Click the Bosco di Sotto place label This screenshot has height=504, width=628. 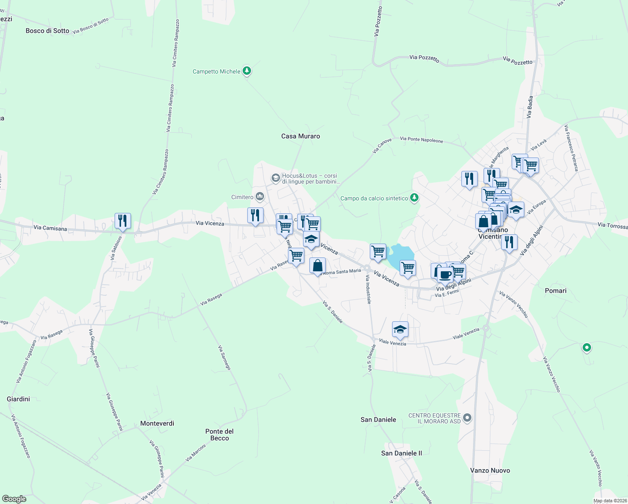tap(47, 31)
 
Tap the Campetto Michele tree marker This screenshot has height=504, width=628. tap(247, 71)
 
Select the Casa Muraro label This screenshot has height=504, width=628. tap(301, 136)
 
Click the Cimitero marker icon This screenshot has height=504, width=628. tap(259, 197)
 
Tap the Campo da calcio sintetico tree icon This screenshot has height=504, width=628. tap(414, 198)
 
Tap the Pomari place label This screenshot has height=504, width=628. tap(555, 291)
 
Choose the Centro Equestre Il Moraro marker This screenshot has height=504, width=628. tap(468, 418)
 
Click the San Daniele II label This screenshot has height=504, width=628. tap(401, 453)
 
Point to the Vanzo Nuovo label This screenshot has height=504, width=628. tap(490, 470)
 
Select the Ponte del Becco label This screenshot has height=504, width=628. tap(220, 435)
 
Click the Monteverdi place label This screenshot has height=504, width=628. tap(157, 423)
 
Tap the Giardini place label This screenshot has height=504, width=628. tap(18, 399)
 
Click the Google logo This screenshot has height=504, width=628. tap(14, 499)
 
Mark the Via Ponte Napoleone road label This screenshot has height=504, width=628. tap(421, 140)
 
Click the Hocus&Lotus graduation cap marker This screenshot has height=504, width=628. tap(275, 178)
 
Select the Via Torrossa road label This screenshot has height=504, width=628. tap(612, 226)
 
